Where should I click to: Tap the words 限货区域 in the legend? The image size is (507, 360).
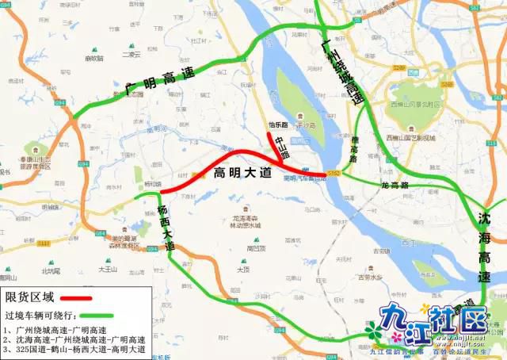30,298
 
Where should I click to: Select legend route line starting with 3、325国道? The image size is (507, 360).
76,349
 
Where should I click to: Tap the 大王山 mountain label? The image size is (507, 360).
107,270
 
